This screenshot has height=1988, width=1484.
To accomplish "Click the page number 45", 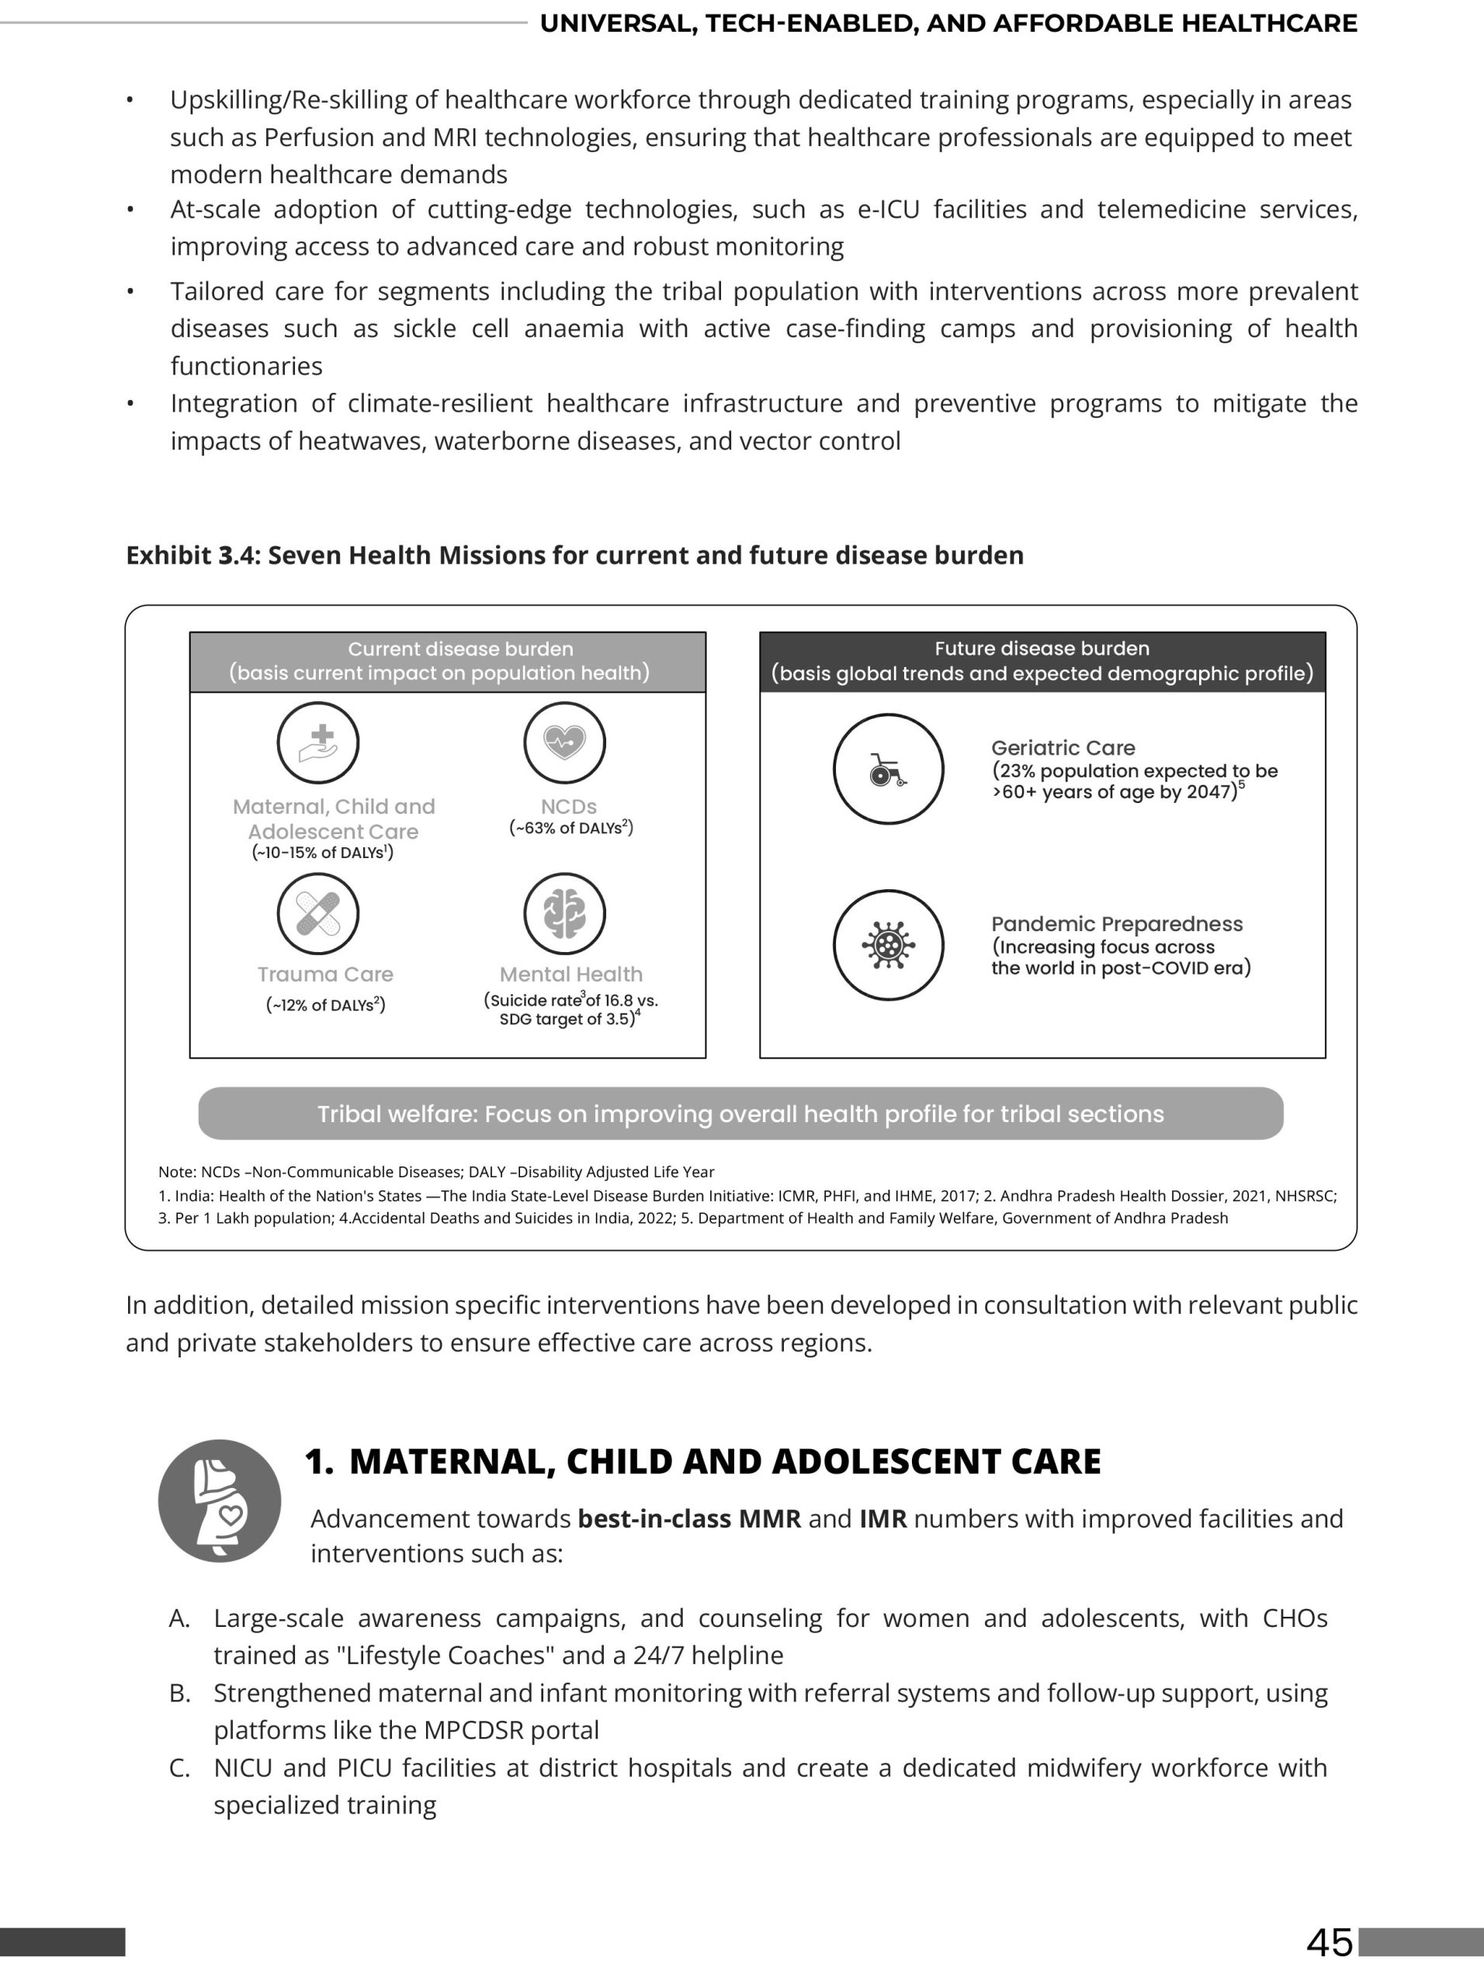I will [1330, 1942].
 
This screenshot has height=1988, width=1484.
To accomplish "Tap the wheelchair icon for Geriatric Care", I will [887, 770].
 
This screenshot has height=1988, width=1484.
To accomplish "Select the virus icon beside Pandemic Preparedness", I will [887, 944].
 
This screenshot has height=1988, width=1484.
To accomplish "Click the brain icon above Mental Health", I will [564, 913].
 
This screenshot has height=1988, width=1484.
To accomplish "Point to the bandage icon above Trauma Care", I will [317, 913].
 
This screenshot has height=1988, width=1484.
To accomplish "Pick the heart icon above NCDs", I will [564, 742].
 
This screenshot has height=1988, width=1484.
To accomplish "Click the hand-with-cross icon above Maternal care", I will [317, 742].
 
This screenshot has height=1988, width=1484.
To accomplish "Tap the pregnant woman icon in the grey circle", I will [219, 1501].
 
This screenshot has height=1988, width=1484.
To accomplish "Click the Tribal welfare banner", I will [740, 1114].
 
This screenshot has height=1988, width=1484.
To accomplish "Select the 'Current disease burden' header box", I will [447, 662].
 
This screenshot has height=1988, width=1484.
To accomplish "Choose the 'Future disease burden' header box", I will [1042, 662].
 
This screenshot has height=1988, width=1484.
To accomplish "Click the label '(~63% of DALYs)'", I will [570, 828].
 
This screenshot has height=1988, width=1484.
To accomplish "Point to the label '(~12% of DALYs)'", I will [325, 1005].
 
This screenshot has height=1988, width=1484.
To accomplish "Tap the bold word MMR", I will [769, 1519].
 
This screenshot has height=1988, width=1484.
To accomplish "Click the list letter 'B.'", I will [179, 1693].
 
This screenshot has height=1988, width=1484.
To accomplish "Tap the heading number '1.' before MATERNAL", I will [319, 1462].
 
